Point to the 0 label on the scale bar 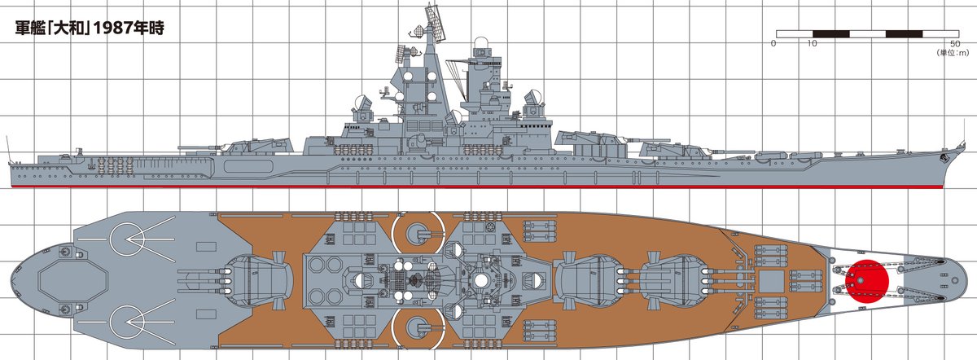773,43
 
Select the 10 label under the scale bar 811,43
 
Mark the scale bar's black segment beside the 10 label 830,33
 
